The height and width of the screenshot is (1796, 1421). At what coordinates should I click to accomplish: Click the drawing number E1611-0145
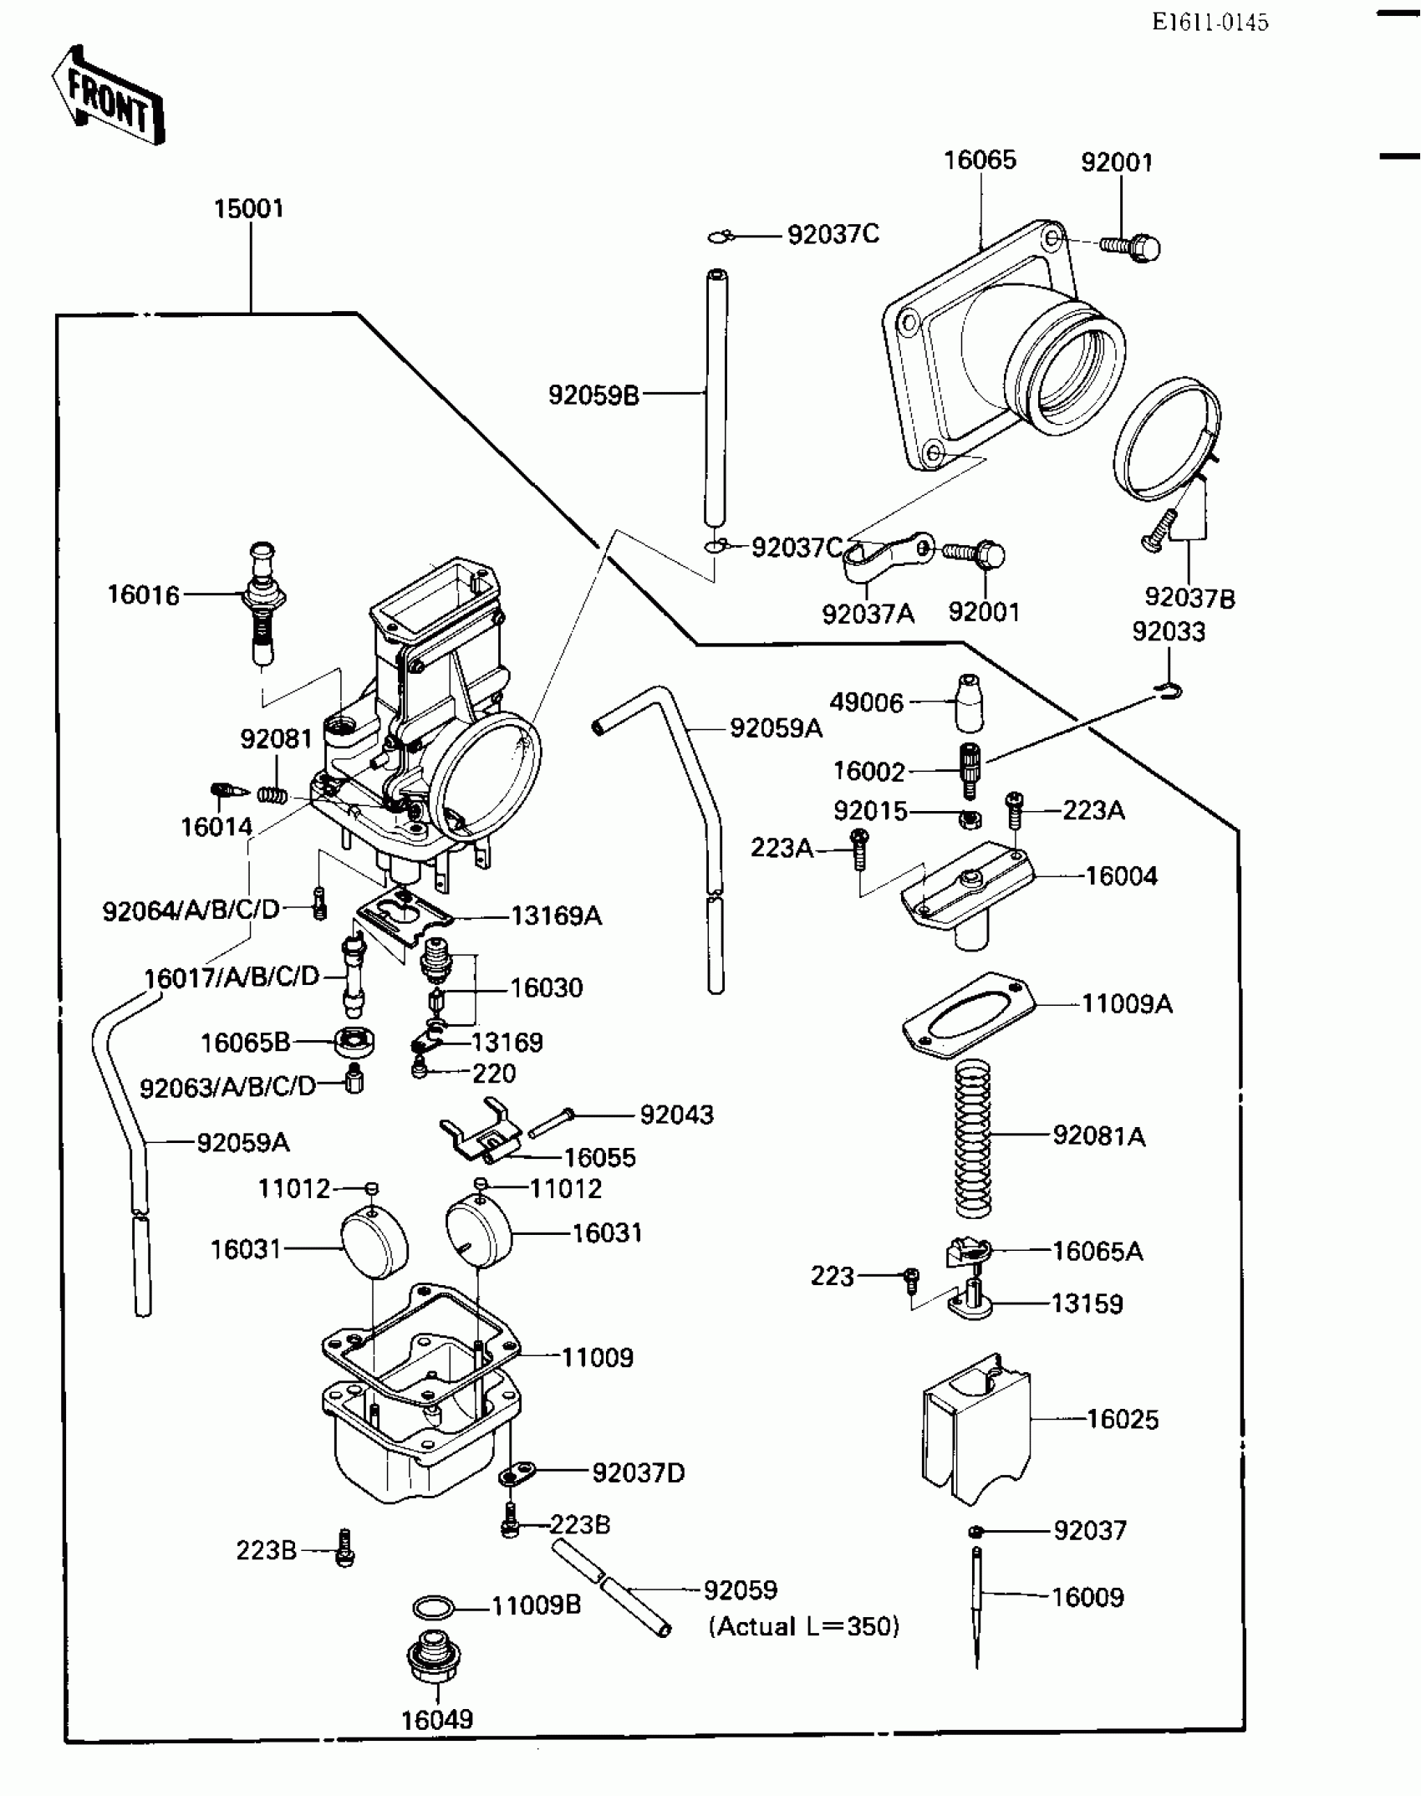click(x=1210, y=23)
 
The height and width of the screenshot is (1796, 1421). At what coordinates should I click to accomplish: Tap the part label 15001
click(x=249, y=209)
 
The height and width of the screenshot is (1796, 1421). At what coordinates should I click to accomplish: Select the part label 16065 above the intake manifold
click(x=980, y=161)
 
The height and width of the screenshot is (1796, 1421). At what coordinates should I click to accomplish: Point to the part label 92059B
click(x=593, y=395)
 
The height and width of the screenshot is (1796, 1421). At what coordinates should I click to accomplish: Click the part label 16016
click(x=143, y=595)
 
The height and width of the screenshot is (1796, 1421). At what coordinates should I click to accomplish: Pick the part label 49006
click(x=867, y=702)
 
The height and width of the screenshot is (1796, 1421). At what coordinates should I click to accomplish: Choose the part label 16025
click(x=1122, y=1420)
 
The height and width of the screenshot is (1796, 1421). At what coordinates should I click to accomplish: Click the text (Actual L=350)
click(x=804, y=1626)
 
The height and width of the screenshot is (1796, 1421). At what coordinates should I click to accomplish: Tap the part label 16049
click(x=437, y=1720)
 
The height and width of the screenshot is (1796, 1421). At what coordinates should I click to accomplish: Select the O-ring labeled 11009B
click(x=435, y=1608)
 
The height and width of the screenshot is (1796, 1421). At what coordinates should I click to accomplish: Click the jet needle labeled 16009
click(x=976, y=1605)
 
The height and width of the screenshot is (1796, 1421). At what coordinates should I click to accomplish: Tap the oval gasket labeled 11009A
click(x=968, y=1014)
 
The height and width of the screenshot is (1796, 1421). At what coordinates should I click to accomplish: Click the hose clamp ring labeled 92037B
click(x=1166, y=439)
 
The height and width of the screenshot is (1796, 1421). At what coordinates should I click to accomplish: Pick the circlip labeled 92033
click(x=1169, y=691)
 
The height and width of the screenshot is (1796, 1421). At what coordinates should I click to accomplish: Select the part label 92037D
click(x=639, y=1473)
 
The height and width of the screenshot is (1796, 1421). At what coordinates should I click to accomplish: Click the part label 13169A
click(x=556, y=916)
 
